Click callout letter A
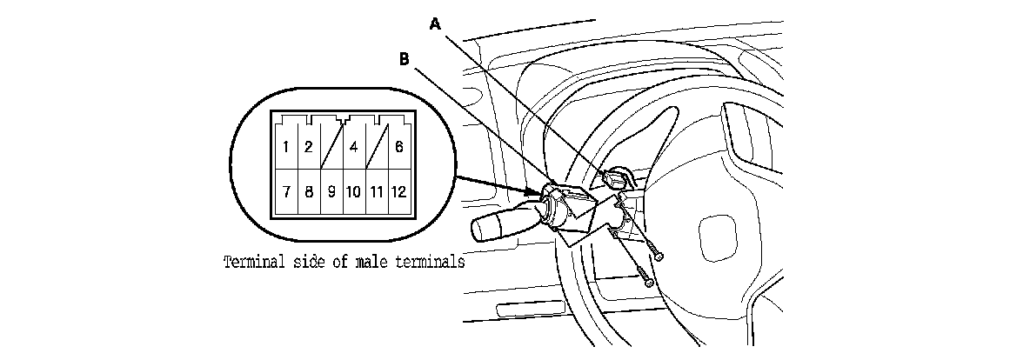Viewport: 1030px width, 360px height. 437,25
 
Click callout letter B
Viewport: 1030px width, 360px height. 404,58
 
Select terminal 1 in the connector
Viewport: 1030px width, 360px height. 285,147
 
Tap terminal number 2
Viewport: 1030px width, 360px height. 308,147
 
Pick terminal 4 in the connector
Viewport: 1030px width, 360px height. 353,147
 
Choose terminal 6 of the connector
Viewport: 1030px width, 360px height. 398,147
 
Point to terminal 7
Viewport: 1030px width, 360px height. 285,190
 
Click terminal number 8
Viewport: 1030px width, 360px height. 308,190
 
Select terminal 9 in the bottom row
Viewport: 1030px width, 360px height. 331,190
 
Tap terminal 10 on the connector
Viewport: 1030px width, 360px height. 353,190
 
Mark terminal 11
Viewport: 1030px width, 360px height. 376,190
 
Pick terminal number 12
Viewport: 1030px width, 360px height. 398,190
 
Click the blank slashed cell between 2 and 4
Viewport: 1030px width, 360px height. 331,146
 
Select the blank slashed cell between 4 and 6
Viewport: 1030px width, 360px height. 376,146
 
